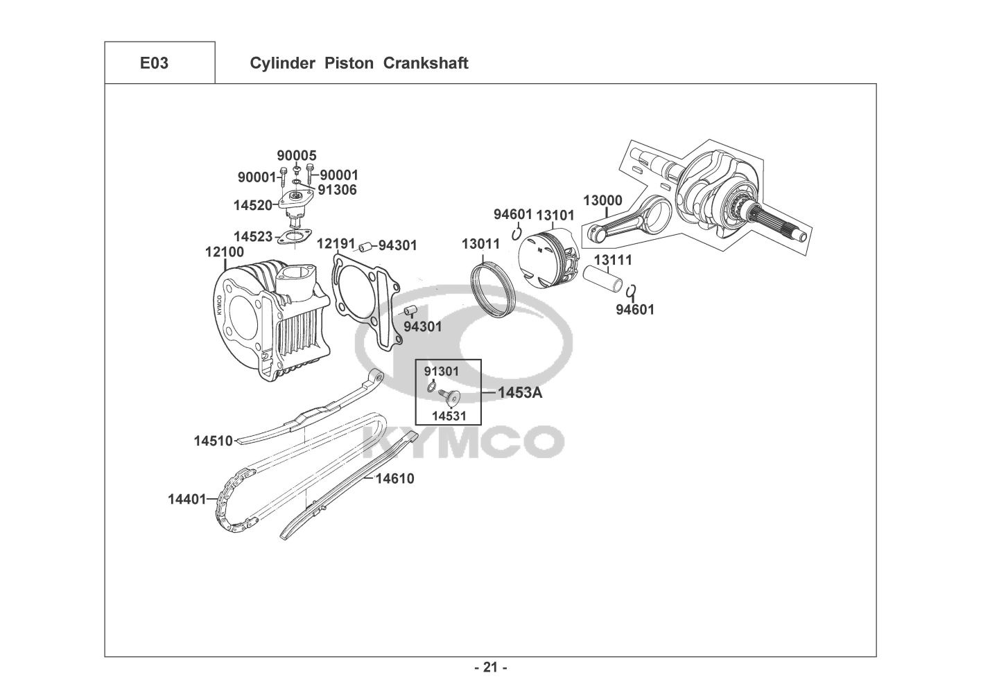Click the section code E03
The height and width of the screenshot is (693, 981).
tap(154, 63)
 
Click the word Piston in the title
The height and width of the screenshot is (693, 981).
tap(349, 63)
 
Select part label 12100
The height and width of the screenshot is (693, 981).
tap(225, 252)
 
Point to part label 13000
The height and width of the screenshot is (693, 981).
tap(602, 200)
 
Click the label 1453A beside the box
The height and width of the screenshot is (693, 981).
tap(520, 393)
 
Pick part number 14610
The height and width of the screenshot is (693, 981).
tap(394, 478)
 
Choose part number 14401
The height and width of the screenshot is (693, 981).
tap(187, 499)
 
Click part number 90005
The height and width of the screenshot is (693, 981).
tap(297, 155)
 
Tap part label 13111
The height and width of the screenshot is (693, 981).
tap(613, 260)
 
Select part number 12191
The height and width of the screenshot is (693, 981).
tap(336, 243)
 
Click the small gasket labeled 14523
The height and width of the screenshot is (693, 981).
tap(294, 236)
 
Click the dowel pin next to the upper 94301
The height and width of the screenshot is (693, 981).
tap(365, 247)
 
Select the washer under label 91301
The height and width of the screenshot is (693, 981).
tap(431, 387)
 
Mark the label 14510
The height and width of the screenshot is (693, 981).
tap(214, 441)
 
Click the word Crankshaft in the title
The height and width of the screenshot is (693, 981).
tap(426, 63)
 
